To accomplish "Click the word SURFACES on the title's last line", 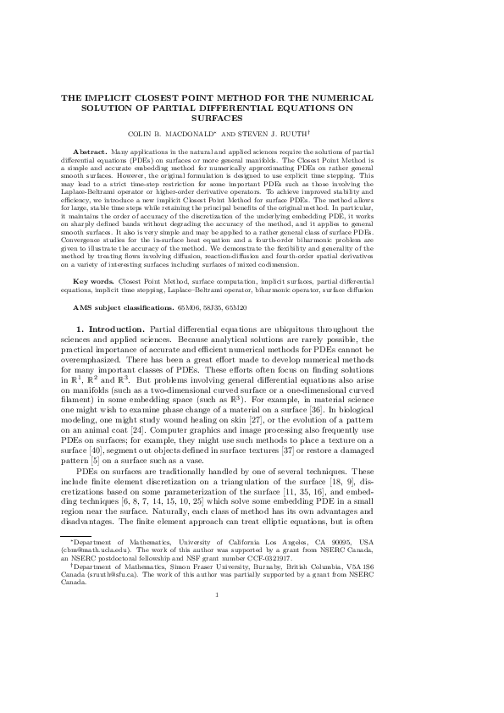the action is tap(252, 119).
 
